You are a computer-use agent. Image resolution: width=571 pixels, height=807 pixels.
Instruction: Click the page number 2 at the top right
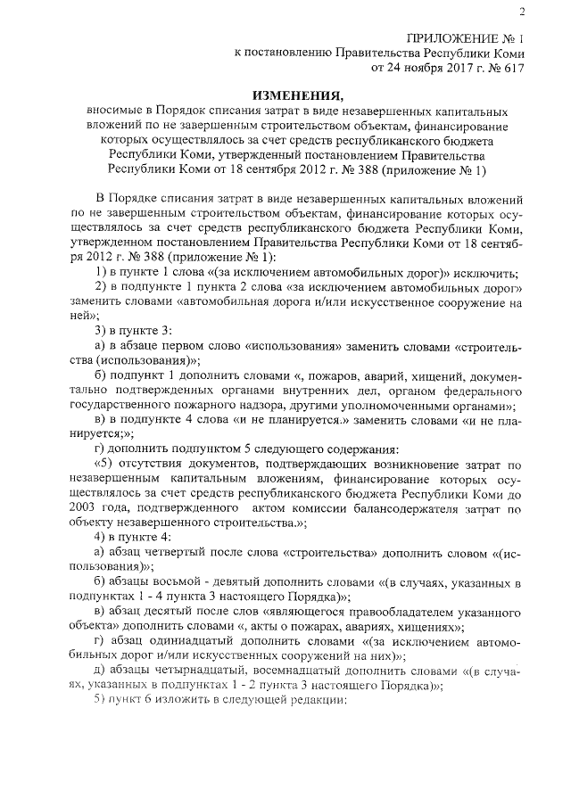520,12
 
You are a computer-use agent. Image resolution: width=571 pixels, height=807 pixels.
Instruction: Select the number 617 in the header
512,67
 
